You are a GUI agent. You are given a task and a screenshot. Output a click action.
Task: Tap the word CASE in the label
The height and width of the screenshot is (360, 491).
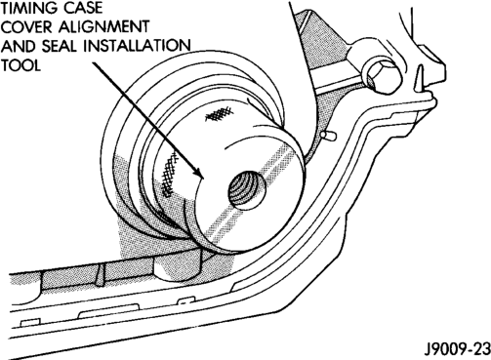(83, 8)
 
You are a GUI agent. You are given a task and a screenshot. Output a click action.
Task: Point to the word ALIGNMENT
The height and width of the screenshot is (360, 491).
(104, 27)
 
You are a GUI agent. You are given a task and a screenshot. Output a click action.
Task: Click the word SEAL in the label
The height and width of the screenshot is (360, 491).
(61, 47)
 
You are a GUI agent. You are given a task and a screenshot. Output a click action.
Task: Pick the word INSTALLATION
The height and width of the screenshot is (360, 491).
(138, 47)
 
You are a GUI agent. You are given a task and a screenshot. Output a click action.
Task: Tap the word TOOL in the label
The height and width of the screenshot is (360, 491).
(20, 65)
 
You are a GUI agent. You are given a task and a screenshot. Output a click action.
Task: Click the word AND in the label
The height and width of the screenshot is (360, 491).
(19, 47)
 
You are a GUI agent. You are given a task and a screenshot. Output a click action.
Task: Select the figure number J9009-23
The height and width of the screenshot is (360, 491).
(457, 349)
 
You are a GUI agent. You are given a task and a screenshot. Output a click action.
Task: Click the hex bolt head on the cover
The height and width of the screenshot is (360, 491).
(382, 77)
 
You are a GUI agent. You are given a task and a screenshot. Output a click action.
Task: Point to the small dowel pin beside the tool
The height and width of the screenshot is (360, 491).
(329, 136)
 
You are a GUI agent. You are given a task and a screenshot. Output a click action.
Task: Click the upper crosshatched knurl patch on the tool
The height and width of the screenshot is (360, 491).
(220, 113)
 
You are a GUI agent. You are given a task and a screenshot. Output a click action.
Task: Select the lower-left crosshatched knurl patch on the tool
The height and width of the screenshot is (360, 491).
(170, 174)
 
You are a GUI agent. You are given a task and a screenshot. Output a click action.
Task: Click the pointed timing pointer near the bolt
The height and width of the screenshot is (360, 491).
(420, 77)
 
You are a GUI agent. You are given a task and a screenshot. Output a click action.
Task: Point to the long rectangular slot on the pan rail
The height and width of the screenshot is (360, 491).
(109, 311)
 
